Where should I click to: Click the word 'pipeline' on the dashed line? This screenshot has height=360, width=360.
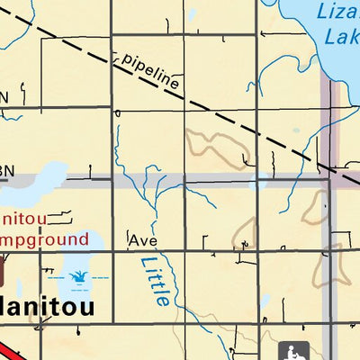(149, 71)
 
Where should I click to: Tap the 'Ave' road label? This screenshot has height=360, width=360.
(143, 241)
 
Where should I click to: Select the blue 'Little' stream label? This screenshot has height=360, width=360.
(155, 281)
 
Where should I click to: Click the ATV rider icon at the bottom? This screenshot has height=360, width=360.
(294, 352)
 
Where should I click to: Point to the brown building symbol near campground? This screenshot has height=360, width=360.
(3, 269)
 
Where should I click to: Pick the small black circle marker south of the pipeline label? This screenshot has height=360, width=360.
(118, 113)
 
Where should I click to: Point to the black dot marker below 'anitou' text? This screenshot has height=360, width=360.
(40, 331)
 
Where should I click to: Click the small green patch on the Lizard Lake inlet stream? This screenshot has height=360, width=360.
(295, 130)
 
